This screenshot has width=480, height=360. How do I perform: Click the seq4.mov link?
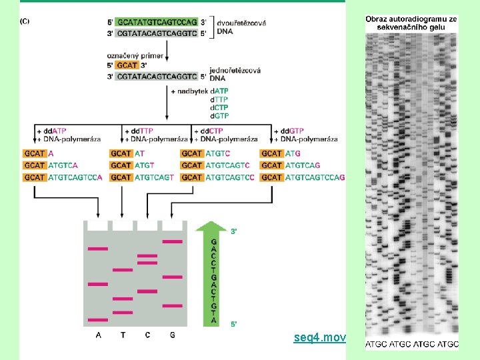point(319,338)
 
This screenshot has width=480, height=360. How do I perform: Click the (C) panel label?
point(24,21)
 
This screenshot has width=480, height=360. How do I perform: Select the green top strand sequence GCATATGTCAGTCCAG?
point(157,22)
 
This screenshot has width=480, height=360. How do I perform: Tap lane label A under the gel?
point(98,335)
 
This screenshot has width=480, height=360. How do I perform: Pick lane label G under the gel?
point(173,335)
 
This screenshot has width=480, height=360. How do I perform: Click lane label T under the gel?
point(123,335)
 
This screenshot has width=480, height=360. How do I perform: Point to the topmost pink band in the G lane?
point(172,241)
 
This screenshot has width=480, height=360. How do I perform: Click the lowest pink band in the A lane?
point(98,319)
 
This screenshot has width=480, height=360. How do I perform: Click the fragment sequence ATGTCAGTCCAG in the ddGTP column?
point(315,177)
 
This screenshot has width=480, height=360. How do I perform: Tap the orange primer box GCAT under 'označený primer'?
point(127,65)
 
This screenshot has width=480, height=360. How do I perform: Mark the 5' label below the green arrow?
point(233,324)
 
